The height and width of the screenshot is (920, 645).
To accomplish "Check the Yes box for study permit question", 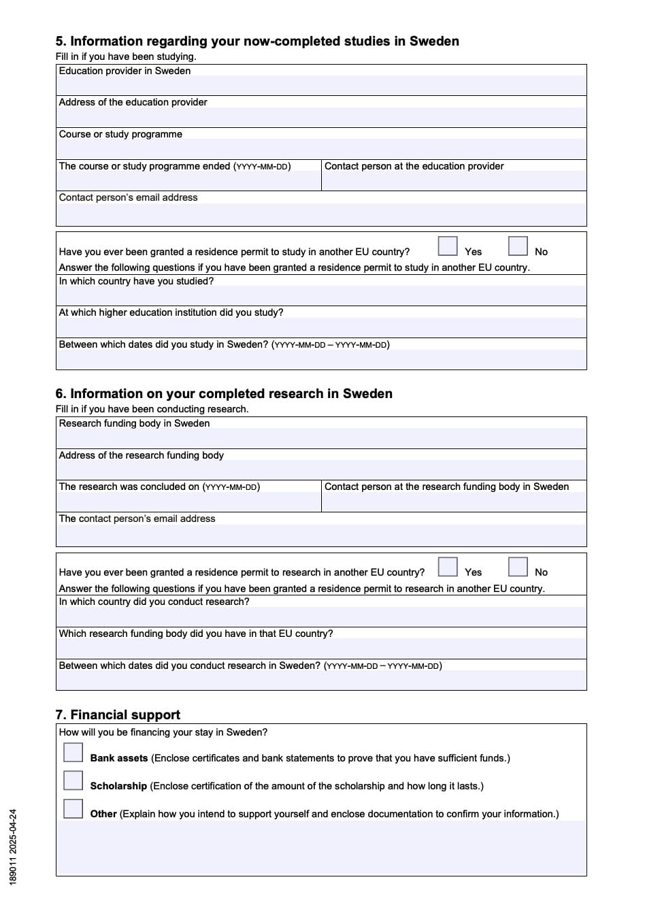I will (x=448, y=246).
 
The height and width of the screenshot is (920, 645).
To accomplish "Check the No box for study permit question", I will (x=518, y=246).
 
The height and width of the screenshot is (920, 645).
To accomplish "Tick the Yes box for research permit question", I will (x=448, y=567).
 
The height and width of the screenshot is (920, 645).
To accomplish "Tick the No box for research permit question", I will (x=518, y=567).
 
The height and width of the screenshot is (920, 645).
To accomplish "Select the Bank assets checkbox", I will (x=73, y=752).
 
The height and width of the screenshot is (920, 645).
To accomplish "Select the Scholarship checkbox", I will (x=73, y=780).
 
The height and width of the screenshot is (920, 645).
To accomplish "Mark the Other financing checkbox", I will (x=73, y=808).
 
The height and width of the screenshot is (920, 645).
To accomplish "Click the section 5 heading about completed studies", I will (x=257, y=42).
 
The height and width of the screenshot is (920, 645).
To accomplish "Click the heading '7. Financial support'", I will (x=118, y=714).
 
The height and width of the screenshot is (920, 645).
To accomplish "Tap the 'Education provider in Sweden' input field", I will (x=321, y=86).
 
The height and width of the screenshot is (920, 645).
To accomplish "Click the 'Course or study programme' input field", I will (x=321, y=149).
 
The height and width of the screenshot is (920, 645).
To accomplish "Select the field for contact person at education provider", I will (x=454, y=181).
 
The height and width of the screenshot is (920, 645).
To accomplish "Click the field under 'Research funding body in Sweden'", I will (x=321, y=438).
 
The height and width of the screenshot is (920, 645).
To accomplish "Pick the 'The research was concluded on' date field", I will (x=188, y=502).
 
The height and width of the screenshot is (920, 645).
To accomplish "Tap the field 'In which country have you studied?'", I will (x=321, y=296).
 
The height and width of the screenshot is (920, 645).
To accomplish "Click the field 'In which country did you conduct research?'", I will (x=321, y=617).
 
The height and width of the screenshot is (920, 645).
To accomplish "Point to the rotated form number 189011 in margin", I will (x=14, y=847).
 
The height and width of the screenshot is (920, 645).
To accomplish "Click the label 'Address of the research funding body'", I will (x=142, y=455).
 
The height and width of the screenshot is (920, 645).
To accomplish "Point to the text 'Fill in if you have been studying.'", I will (x=126, y=56).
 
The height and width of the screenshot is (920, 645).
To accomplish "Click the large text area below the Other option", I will (x=321, y=847).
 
